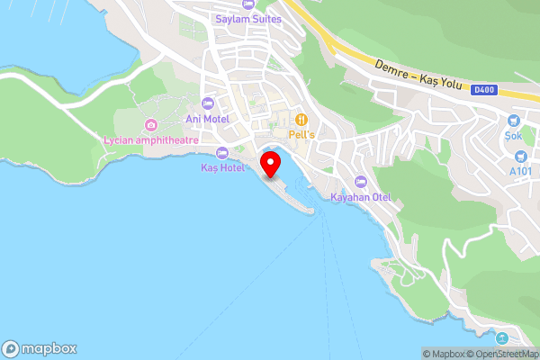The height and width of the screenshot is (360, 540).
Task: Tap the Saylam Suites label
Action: pos(248,19)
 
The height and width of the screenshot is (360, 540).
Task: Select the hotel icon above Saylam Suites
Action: pos(247,4)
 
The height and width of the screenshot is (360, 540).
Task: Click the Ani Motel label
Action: pos(207,119)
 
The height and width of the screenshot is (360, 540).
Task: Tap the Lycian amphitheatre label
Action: pos(150,139)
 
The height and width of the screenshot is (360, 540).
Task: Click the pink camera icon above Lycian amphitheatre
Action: pos(150,124)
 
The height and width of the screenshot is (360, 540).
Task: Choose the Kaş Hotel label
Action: pos(222,167)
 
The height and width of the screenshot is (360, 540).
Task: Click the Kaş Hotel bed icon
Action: pos(222,152)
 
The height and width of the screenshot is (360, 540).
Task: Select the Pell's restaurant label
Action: pos(302,134)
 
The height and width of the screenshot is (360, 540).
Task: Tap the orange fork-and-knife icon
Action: pos(302,118)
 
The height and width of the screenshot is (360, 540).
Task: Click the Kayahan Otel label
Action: pos(360,196)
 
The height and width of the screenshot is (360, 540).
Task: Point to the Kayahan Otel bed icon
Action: pos(361,181)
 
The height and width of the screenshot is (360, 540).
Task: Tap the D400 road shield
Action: pos(483,88)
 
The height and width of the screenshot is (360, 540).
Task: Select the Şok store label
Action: pos(514,136)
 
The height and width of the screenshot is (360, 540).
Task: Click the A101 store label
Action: pos(521,171)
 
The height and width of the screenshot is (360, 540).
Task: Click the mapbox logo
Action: pos(40,348)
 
